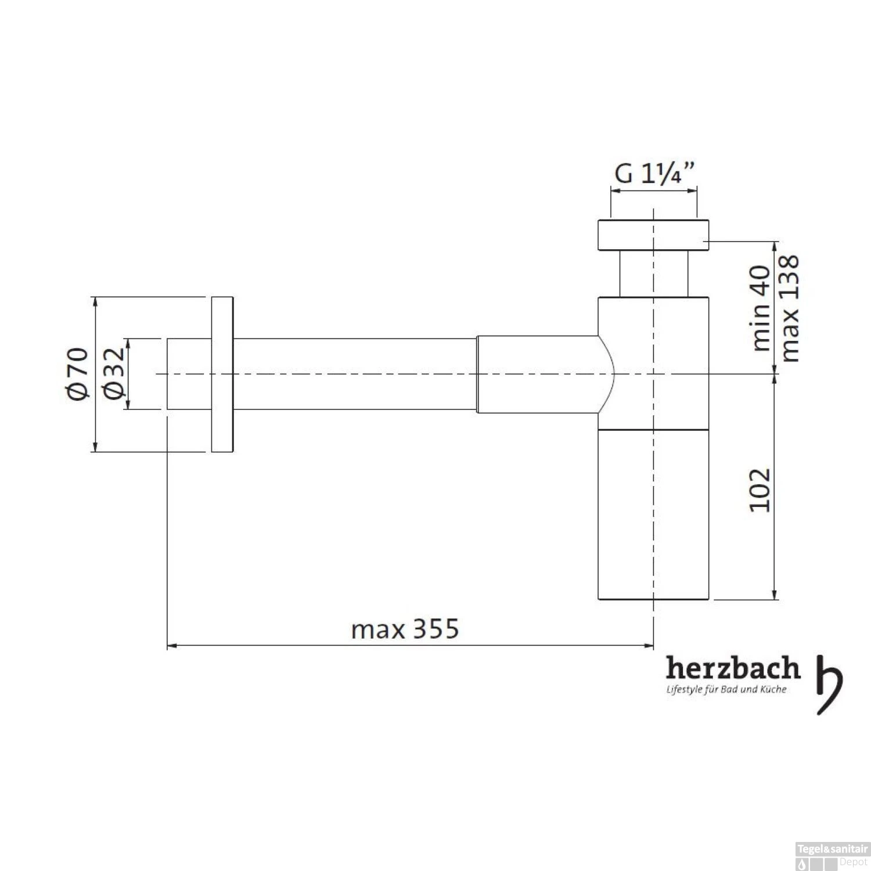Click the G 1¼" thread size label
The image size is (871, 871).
654,174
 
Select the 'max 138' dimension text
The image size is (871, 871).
791,308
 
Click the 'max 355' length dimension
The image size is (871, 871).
405,629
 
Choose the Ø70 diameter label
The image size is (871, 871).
78,374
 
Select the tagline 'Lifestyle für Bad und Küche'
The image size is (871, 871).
726,690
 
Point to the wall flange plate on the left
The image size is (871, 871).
222,375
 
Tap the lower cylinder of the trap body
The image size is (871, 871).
653,514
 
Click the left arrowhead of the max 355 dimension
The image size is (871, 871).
172,645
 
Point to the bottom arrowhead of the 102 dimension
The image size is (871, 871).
775,595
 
